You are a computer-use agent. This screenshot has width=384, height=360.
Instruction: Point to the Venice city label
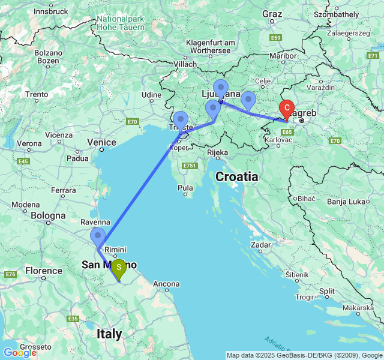(101, 142)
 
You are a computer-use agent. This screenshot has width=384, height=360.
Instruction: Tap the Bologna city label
(48, 215)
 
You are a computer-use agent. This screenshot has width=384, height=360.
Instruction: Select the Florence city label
(43, 271)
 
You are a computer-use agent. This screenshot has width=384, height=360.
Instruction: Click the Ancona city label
(166, 284)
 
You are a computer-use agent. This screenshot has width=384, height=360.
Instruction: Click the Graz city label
(272, 13)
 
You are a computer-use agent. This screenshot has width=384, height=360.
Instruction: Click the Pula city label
(185, 188)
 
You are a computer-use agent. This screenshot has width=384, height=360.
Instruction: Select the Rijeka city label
(217, 152)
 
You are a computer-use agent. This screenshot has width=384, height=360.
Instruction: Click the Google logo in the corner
(19, 353)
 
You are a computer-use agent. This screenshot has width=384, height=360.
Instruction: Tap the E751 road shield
(190, 166)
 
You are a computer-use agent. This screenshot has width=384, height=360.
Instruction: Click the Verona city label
(29, 143)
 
